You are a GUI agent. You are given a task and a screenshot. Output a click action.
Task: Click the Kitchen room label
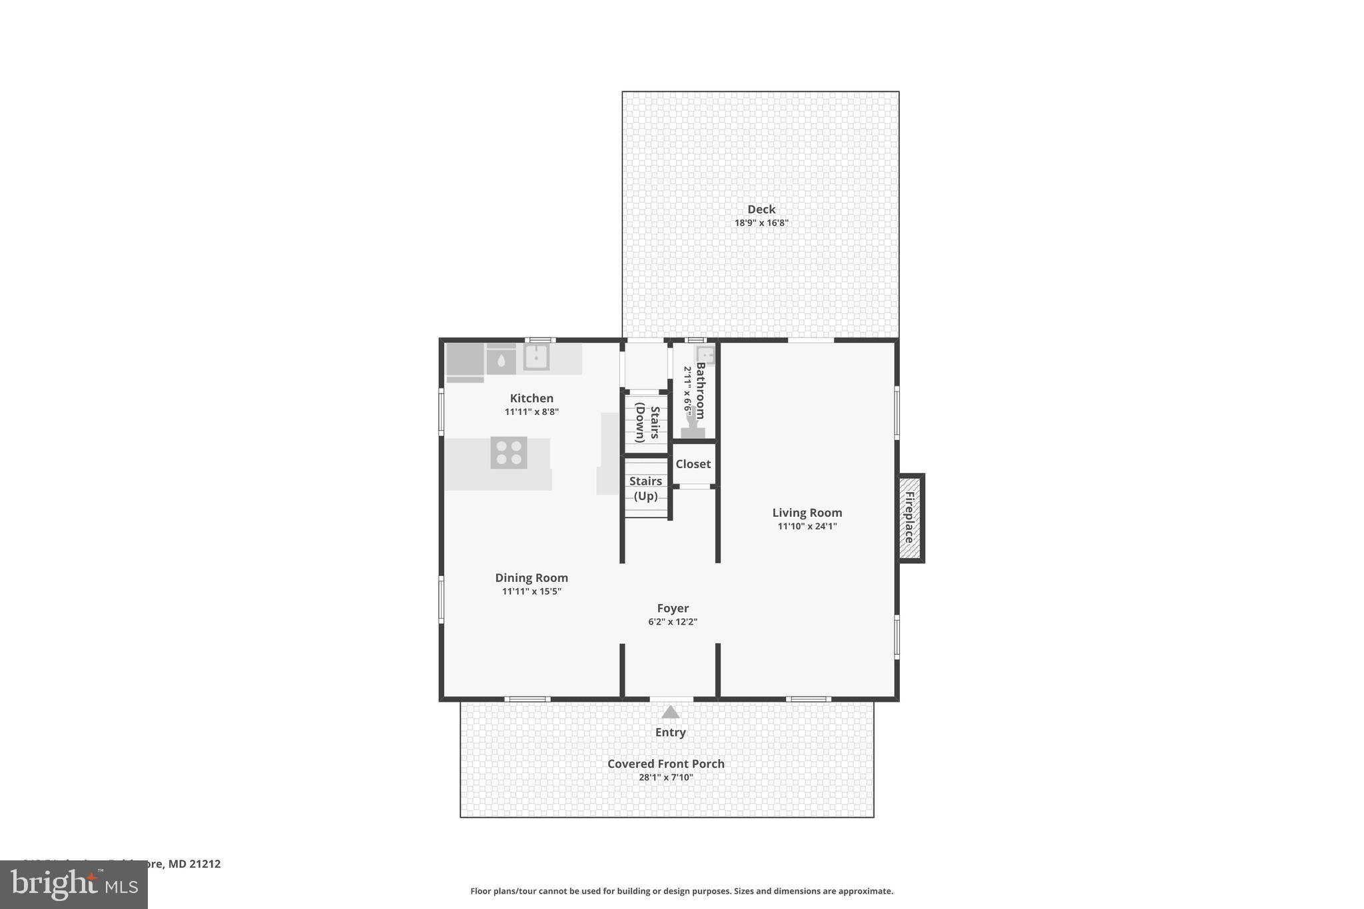click(x=531, y=398)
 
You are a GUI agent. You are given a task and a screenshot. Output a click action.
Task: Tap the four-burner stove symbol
click(x=509, y=453)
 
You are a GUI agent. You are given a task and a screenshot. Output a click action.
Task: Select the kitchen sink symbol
click(x=536, y=357)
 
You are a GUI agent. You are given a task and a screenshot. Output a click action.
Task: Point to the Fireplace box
click(x=910, y=518)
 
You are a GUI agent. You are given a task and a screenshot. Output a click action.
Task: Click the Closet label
click(x=693, y=464)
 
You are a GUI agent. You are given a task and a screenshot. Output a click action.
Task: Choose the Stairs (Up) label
click(x=645, y=488)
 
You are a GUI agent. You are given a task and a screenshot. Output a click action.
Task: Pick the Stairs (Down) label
click(x=647, y=424)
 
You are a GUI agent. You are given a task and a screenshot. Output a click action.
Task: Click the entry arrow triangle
click(x=670, y=713)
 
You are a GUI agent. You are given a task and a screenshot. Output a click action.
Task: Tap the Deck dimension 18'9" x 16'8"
click(x=761, y=223)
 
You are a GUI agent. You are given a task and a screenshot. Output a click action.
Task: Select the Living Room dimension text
click(x=807, y=526)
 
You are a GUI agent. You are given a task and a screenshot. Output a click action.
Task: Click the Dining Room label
click(x=531, y=578)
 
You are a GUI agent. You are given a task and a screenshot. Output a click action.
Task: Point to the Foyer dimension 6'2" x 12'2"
click(x=672, y=622)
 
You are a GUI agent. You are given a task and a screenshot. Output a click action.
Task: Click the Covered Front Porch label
click(x=665, y=764)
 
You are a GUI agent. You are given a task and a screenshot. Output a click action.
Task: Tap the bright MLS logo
click(x=73, y=885)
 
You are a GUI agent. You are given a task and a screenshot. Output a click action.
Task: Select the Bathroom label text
click(x=701, y=390)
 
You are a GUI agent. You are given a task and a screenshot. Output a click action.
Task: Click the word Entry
click(x=670, y=733)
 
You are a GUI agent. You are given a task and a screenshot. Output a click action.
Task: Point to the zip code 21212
click(x=205, y=864)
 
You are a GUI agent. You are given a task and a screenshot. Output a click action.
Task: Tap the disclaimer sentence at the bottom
click(x=681, y=891)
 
